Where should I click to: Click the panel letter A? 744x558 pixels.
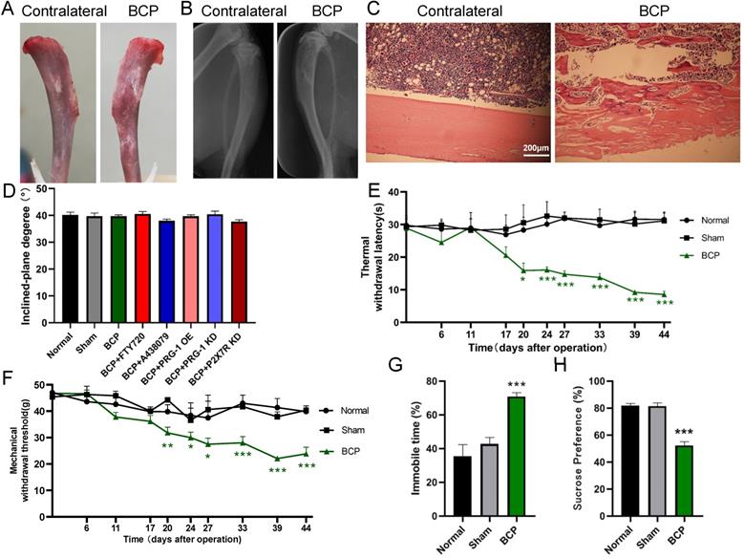click(x=11, y=11)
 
